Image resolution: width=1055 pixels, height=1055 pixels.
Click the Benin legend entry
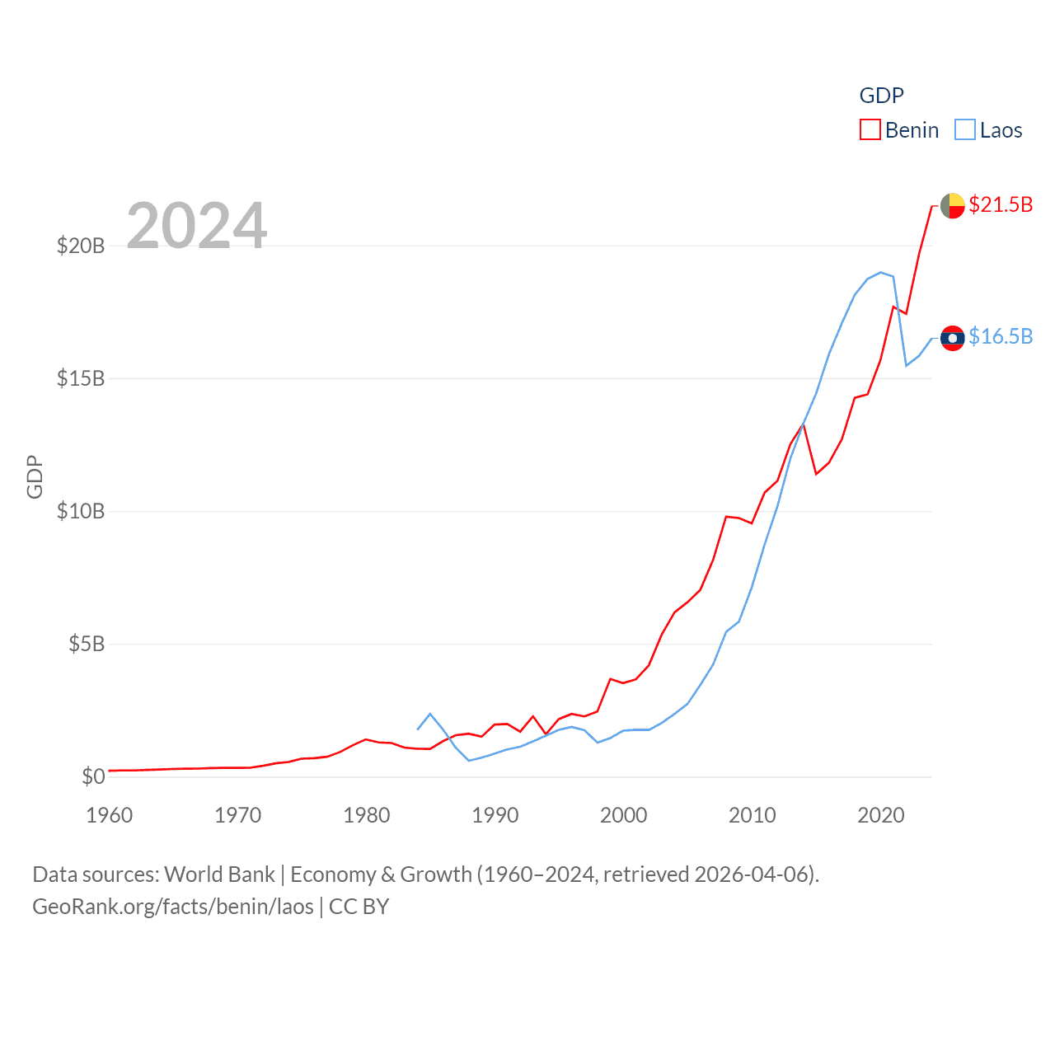tap(899, 130)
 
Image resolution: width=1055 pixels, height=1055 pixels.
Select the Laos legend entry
tap(988, 130)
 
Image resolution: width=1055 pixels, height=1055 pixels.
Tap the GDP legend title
tap(881, 96)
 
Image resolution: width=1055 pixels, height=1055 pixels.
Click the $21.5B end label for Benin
tap(1000, 204)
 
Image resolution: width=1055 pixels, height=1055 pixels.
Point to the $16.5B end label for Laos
tap(1000, 336)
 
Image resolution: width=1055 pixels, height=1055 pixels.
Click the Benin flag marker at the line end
tap(952, 205)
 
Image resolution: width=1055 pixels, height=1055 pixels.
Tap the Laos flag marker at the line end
tap(952, 338)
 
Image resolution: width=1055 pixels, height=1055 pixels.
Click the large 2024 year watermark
tap(196, 225)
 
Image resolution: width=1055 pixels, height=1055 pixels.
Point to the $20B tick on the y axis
tap(81, 246)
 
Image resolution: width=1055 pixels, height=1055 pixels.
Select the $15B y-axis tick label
tap(81, 378)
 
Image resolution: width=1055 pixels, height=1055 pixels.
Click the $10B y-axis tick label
tap(81, 511)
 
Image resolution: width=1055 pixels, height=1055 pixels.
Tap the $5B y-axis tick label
tap(87, 644)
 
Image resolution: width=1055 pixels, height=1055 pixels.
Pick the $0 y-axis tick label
tap(93, 776)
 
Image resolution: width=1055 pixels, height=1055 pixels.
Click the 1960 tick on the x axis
tap(110, 815)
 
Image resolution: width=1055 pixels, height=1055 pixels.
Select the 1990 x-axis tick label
tap(495, 815)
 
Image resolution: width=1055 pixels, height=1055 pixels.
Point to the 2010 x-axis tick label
tap(753, 815)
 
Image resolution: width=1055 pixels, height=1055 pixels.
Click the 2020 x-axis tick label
tap(881, 815)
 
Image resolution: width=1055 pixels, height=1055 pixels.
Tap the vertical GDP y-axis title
tap(35, 476)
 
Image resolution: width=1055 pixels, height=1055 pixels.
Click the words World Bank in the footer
tap(219, 874)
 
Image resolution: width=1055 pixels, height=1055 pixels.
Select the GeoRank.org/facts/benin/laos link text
tap(173, 907)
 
